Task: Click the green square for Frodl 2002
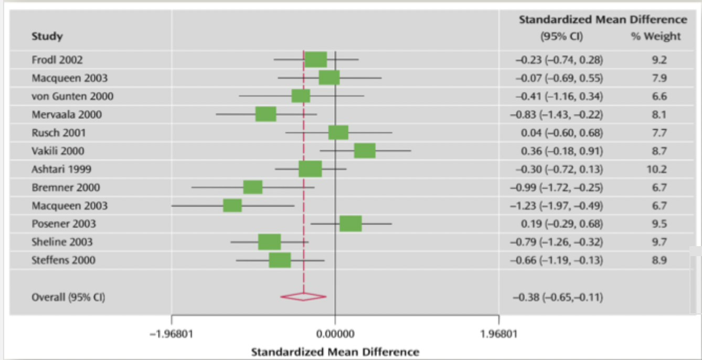click(316, 60)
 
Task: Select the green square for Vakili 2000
click(365, 151)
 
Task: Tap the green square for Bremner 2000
click(253, 187)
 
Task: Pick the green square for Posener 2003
click(350, 224)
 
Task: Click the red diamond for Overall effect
click(303, 297)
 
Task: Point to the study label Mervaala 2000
click(67, 114)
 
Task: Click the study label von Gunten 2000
click(72, 96)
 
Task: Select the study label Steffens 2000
click(63, 260)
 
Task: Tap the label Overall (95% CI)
click(68, 298)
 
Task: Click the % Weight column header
click(655, 36)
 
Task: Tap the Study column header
click(47, 36)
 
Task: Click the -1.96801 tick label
click(171, 333)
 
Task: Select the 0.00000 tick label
click(335, 333)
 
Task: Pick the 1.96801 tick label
click(498, 333)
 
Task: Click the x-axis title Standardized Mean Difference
click(335, 351)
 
